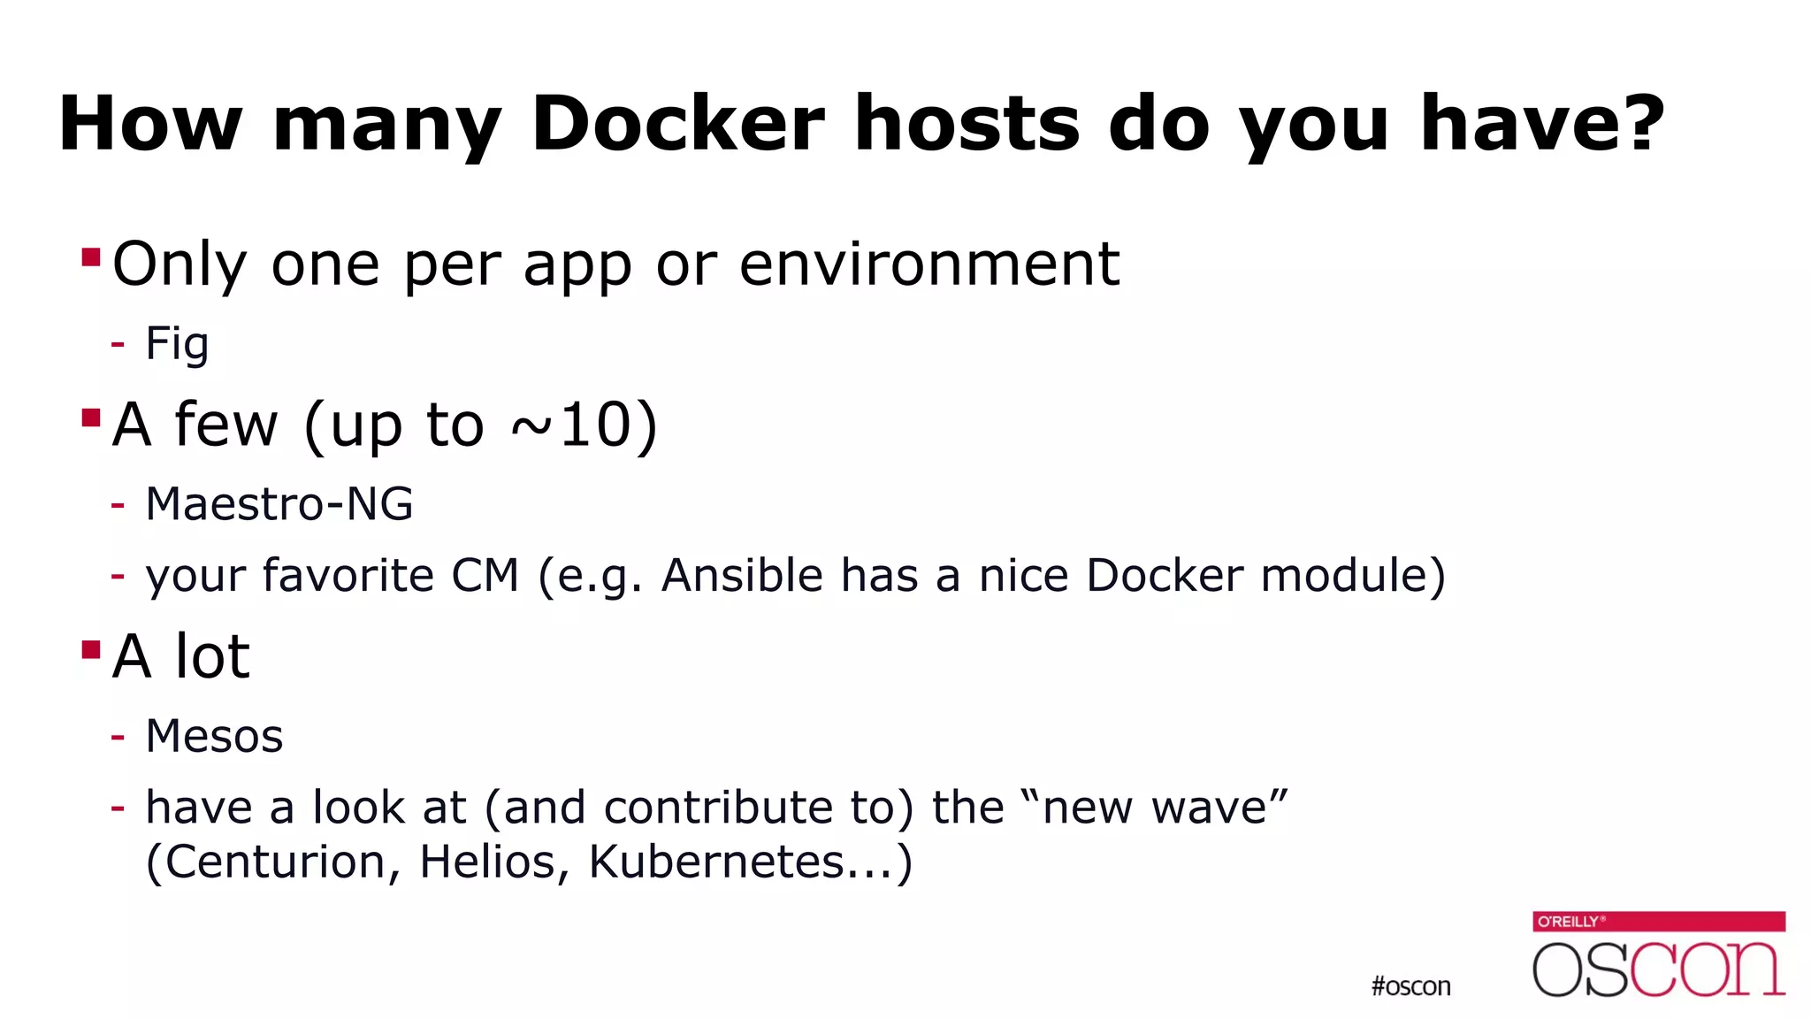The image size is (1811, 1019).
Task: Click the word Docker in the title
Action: coord(678,124)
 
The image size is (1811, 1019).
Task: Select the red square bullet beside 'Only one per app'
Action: coord(90,257)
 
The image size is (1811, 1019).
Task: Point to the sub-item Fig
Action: coord(177,343)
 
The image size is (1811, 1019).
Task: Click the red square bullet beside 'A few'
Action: coord(90,418)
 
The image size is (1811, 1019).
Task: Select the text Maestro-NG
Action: coord(279,504)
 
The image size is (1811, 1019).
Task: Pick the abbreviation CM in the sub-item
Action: coord(485,576)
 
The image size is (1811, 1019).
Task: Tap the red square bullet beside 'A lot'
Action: coord(90,650)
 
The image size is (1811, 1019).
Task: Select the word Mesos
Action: coord(214,736)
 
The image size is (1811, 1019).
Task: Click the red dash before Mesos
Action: coord(118,736)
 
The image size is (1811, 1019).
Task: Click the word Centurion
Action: coord(282,862)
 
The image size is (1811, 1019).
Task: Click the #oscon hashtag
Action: coord(1410,986)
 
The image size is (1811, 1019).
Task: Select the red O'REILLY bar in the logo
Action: coord(1658,922)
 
